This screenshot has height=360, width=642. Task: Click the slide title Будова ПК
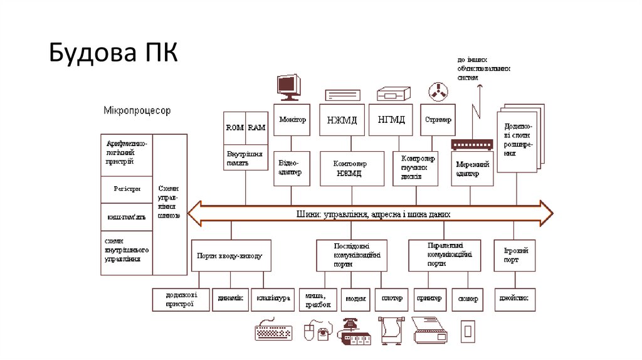pyautogui.click(x=113, y=53)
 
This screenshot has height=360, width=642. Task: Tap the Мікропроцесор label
pyautogui.click(x=137, y=110)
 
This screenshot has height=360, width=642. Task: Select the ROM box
pyautogui.click(x=234, y=127)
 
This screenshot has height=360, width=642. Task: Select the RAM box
pyautogui.click(x=256, y=127)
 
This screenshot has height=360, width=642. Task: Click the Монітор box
pyautogui.click(x=293, y=120)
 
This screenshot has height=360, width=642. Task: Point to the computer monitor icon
pyautogui.click(x=289, y=87)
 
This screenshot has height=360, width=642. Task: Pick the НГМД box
pyautogui.click(x=391, y=120)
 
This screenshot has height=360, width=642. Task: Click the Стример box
pyautogui.click(x=438, y=120)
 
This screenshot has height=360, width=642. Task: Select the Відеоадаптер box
pyautogui.click(x=292, y=167)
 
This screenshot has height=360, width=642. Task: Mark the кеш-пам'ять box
pyautogui.click(x=127, y=217)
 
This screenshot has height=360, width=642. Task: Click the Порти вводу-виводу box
pyautogui.click(x=231, y=255)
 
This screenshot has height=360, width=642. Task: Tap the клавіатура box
pyautogui.click(x=271, y=300)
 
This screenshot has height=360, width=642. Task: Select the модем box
pyautogui.click(x=356, y=300)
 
